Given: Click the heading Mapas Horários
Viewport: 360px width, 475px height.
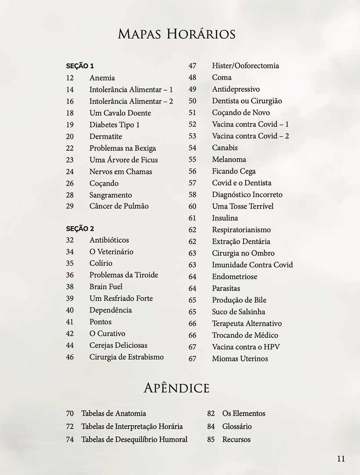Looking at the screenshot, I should (x=177, y=34).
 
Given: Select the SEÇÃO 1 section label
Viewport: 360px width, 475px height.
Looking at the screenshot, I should (x=80, y=66).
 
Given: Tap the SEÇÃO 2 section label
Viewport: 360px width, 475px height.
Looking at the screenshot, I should (x=80, y=229).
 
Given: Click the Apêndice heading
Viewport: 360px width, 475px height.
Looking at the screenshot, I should (x=177, y=388).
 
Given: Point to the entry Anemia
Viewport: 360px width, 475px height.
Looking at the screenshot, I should (x=102, y=78).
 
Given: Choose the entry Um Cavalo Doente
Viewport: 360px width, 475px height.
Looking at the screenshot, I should (x=120, y=113).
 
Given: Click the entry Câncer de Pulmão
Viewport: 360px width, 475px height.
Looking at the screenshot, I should (x=119, y=206).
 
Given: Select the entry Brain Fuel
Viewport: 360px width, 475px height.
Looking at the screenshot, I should (x=106, y=287).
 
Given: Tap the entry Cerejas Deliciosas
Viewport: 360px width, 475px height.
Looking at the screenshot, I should (x=118, y=345).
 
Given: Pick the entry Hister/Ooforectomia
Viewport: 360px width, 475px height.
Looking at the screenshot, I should (x=245, y=66).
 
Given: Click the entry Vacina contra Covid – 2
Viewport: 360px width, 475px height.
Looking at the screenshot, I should (x=250, y=136).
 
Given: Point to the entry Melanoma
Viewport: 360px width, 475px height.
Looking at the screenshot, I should (x=229, y=159).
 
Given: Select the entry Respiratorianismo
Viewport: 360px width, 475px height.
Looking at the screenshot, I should (x=241, y=230).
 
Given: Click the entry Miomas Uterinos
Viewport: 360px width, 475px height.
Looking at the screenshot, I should (x=240, y=358).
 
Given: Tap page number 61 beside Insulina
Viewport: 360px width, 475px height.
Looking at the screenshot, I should (x=192, y=218).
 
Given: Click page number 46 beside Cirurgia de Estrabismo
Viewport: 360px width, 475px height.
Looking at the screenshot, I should (x=70, y=357).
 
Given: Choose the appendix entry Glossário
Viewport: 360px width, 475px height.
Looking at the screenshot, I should (x=237, y=426).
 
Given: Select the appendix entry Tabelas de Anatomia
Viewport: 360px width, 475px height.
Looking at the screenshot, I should (x=113, y=413).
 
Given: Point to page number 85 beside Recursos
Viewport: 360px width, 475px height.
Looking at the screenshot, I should (x=211, y=439).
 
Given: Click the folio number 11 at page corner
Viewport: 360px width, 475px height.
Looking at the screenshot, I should (x=341, y=459).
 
